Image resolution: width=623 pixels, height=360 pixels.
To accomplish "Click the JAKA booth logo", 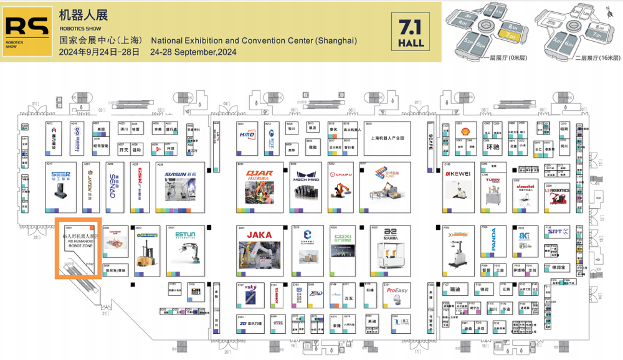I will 260,235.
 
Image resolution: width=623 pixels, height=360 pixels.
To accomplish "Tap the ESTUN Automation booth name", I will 185,235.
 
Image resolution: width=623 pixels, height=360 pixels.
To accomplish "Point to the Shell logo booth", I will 462,132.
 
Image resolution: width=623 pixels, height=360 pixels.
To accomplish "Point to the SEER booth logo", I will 60,174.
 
